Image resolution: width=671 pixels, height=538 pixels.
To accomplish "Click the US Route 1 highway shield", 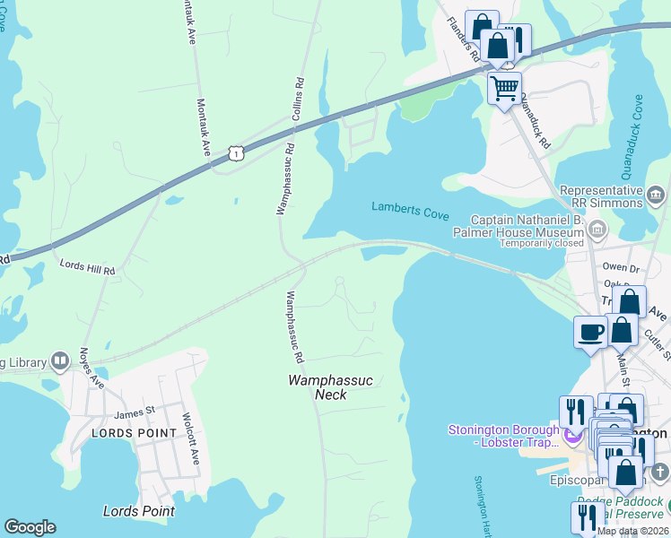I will click(x=235, y=153).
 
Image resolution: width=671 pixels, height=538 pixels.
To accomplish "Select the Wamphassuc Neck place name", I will click(x=329, y=387).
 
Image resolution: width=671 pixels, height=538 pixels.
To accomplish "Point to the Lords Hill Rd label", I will click(x=88, y=268).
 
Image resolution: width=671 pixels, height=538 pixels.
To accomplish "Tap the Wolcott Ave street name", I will click(x=189, y=438).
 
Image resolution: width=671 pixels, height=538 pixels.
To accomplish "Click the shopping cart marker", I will click(x=505, y=88).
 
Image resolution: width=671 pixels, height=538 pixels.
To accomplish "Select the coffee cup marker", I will click(x=590, y=332).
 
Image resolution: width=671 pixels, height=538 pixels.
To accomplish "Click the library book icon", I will click(x=60, y=360).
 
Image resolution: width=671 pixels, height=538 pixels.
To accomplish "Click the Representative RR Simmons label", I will click(x=602, y=196).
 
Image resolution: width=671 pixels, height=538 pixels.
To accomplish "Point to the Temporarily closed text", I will click(x=541, y=244).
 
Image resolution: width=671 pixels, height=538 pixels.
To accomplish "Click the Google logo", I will click(x=30, y=527).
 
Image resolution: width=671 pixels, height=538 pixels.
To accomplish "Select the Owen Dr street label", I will click(x=621, y=267).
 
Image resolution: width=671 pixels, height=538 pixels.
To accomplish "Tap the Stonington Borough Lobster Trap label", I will click(x=504, y=437).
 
